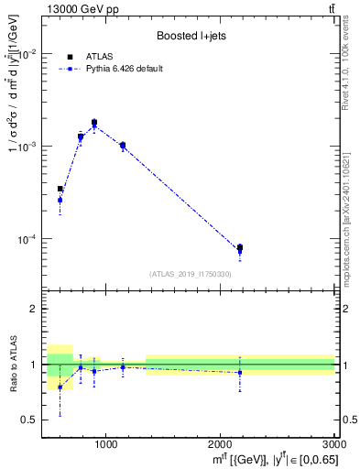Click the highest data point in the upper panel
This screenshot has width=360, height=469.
[93, 123]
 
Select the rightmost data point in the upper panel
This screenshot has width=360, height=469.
[240, 247]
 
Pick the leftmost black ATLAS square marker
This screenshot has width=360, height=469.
[60, 189]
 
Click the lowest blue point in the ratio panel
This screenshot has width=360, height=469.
[60, 387]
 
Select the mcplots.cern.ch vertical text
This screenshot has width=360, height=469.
[351, 220]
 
